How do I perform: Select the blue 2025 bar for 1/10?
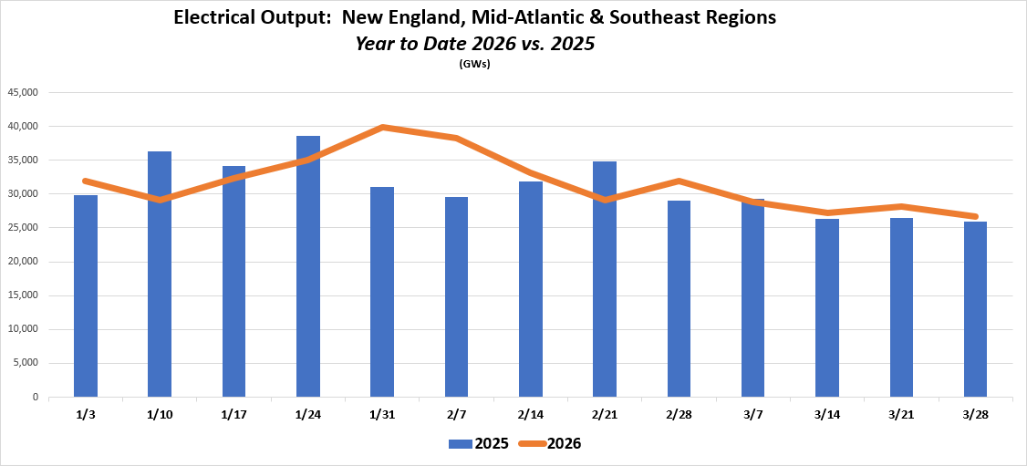(160, 274)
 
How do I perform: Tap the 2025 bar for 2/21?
(605, 279)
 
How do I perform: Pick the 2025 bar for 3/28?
(975, 309)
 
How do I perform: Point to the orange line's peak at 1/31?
(383, 127)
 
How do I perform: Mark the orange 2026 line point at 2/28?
(679, 181)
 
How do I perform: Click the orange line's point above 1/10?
(160, 200)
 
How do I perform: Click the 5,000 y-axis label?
(24, 363)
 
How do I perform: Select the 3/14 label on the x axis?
(827, 413)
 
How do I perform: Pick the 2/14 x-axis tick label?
(531, 413)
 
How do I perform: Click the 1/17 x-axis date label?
(234, 413)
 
